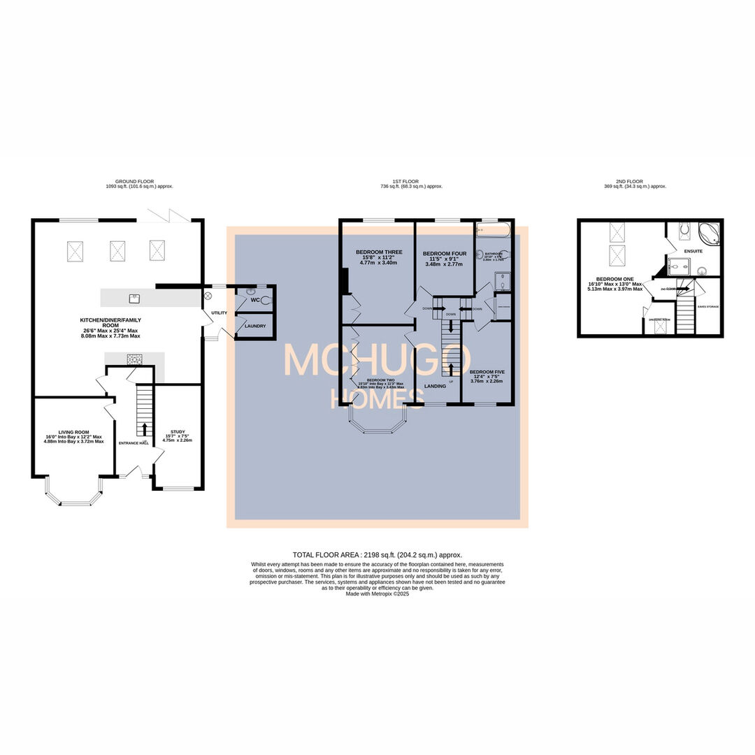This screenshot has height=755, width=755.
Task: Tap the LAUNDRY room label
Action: pos(255,326)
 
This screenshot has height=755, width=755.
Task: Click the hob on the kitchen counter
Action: pos(134,360)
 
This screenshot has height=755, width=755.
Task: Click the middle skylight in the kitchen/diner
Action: pos(117,249)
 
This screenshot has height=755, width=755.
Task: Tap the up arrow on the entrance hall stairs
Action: pos(145,428)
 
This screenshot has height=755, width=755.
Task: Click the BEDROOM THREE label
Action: pos(378,252)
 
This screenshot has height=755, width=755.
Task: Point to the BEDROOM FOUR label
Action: pos(444,253)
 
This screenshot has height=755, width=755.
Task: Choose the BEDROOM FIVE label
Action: pos(487,372)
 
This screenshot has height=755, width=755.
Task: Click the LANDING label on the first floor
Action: pos(436,385)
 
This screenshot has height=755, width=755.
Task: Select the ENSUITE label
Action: pos(693,251)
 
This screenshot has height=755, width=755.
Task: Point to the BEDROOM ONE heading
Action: pos(614,279)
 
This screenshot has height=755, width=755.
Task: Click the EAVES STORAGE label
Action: pos(708,307)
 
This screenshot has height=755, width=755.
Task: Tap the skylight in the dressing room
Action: pos(657,326)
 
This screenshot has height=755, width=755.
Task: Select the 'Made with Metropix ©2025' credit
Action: pos(377,594)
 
